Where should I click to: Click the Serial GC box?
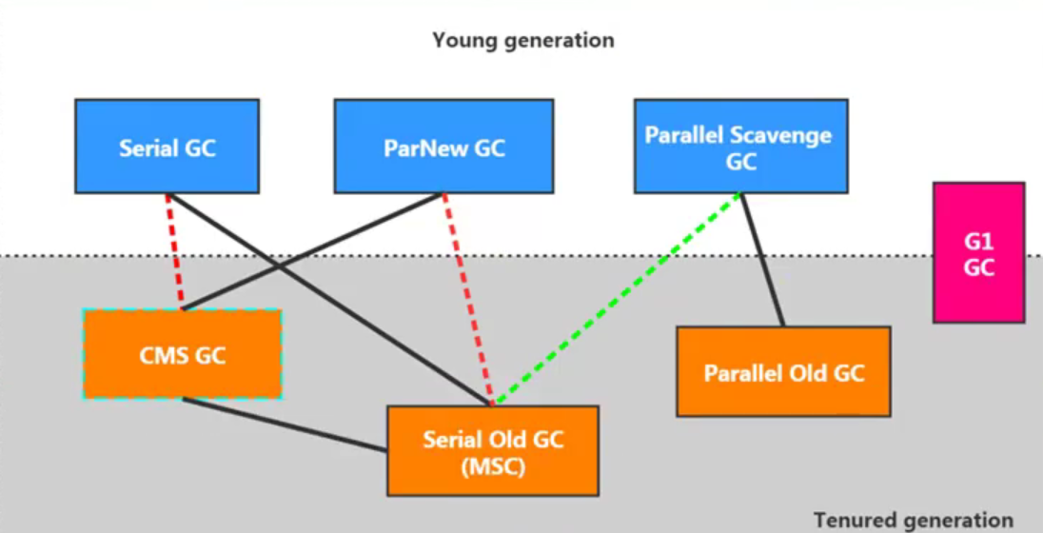point(167,147)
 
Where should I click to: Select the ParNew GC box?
point(443,147)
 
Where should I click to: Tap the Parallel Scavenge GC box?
point(740,147)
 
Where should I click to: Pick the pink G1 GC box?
point(978,252)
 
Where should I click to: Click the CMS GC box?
point(182,354)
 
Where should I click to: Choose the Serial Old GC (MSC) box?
point(493,451)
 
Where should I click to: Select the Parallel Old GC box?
point(783,371)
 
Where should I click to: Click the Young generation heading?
point(522,40)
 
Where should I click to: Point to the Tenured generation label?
point(914,520)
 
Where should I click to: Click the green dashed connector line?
point(619,298)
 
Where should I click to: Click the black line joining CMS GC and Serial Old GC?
point(285,424)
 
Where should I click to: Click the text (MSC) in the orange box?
point(493,467)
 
